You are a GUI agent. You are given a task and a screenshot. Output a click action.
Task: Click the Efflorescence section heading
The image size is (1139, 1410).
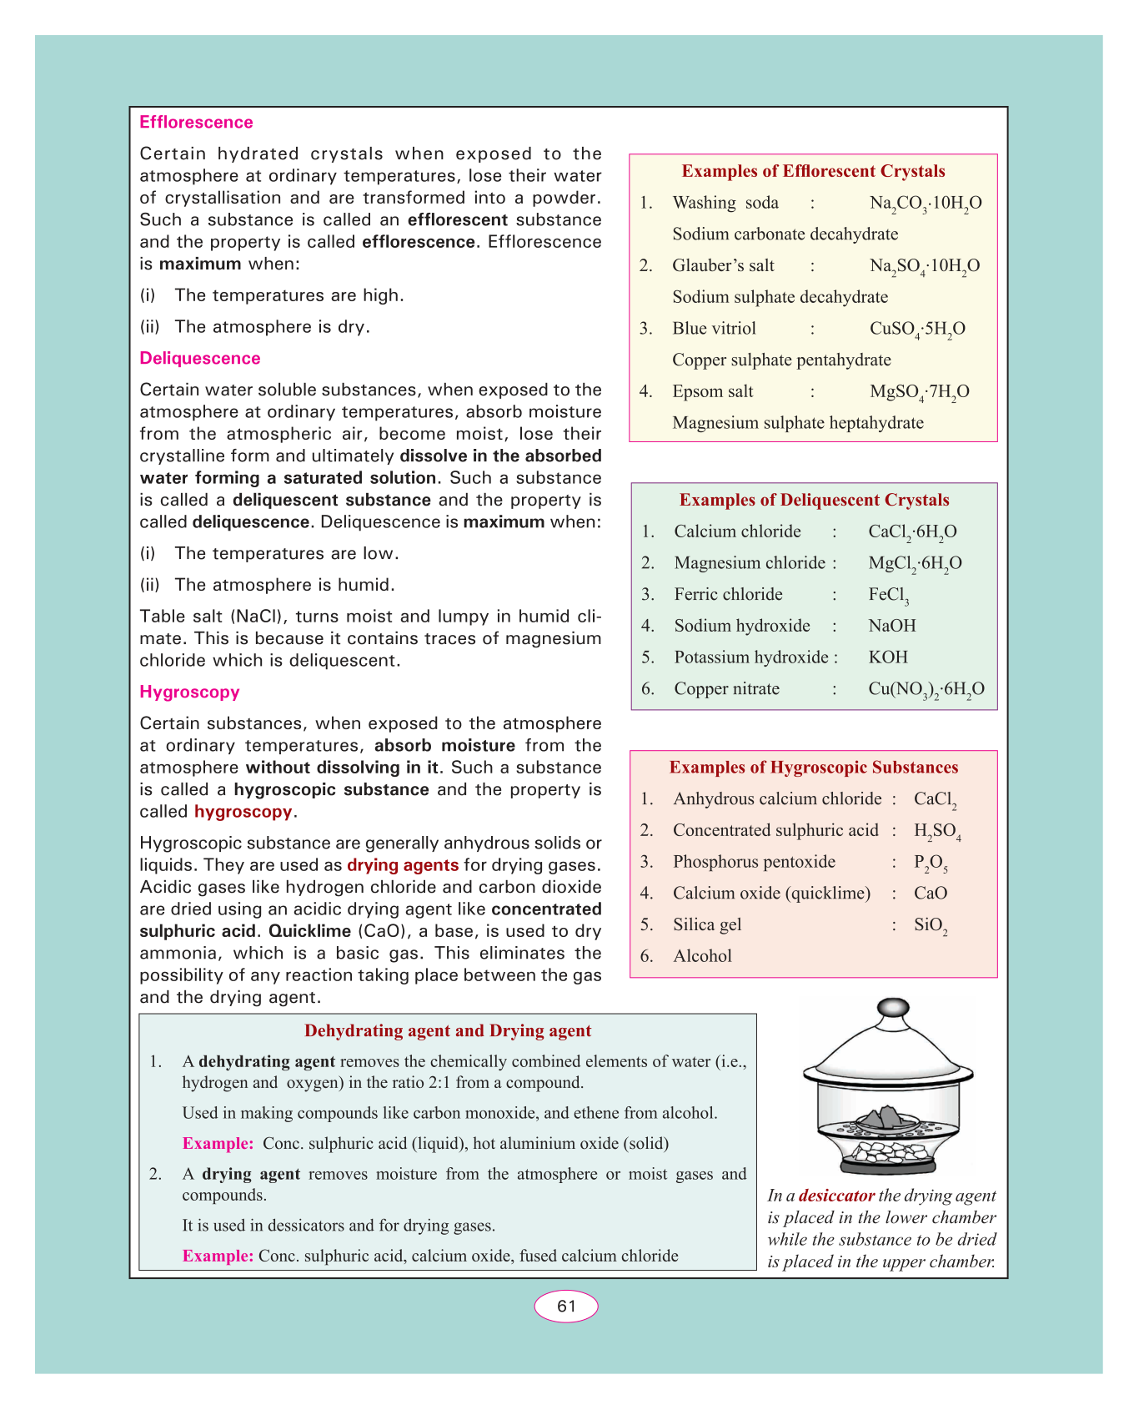click(196, 123)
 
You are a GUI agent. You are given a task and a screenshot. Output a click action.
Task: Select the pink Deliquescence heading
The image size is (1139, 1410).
click(200, 359)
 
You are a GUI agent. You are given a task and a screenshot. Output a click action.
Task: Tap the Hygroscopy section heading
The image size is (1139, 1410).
click(189, 692)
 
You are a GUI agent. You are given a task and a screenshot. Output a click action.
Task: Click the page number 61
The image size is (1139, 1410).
click(566, 1307)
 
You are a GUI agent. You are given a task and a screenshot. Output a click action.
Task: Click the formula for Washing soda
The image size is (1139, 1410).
click(926, 204)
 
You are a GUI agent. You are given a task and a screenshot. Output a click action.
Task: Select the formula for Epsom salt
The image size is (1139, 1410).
click(919, 392)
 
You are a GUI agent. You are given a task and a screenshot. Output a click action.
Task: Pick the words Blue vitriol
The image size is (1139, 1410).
click(714, 329)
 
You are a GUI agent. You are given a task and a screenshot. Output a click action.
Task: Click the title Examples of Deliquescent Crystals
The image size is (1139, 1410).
click(814, 501)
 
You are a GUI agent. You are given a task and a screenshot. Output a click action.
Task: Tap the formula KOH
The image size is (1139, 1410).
click(888, 657)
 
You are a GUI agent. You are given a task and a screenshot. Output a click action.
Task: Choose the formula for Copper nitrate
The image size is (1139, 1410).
click(926, 690)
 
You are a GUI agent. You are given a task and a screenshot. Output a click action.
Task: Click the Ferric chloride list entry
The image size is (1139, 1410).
click(728, 595)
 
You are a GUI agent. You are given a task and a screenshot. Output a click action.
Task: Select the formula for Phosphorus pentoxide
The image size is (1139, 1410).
click(931, 864)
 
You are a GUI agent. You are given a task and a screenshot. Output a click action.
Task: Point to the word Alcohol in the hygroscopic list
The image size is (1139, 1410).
click(702, 957)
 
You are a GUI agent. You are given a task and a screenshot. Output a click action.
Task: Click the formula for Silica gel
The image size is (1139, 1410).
click(931, 926)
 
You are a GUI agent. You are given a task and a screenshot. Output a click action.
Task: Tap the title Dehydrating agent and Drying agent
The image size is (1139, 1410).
click(448, 1031)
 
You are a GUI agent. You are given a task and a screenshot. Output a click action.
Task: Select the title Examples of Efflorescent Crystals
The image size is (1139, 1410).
click(813, 172)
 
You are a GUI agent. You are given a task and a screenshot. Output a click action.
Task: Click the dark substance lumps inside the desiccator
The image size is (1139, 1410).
click(886, 1118)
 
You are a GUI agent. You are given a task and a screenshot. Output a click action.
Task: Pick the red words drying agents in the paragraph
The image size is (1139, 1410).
click(403, 865)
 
